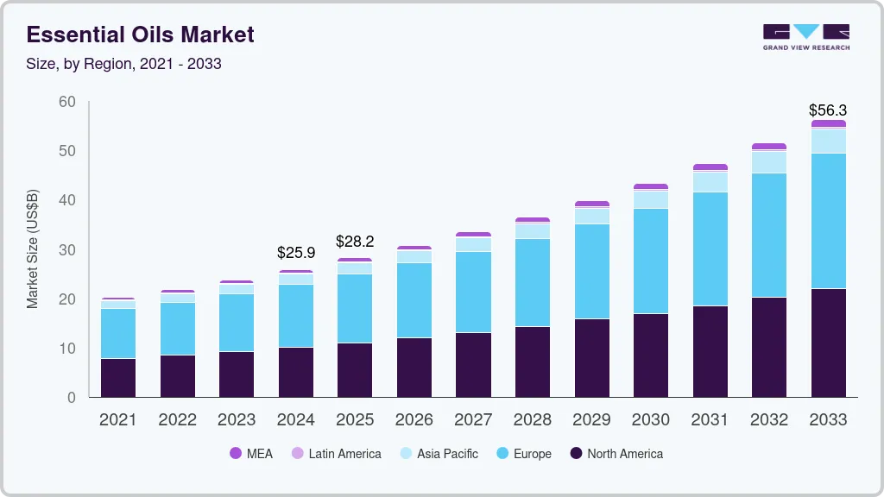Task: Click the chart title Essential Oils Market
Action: [x=141, y=35]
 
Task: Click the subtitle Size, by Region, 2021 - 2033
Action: [x=124, y=65]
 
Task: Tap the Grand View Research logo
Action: [x=805, y=36]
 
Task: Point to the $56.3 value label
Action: [x=827, y=110]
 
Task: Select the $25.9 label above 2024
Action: [x=295, y=254]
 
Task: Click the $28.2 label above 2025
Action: [x=355, y=241]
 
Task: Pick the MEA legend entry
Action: [x=251, y=454]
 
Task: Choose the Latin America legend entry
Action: [x=336, y=454]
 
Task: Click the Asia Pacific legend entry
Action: [x=438, y=454]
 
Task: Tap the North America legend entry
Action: [x=616, y=454]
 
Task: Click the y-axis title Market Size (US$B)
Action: [x=33, y=248]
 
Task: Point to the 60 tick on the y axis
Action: [x=66, y=102]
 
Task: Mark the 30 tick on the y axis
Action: [x=66, y=250]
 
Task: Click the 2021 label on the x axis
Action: [x=117, y=420]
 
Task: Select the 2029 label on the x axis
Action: [x=591, y=420]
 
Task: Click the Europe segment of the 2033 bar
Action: [x=828, y=221]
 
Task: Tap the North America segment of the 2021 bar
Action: [x=117, y=378]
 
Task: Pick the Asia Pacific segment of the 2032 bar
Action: [x=768, y=162]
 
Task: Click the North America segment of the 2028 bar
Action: [x=532, y=362]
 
